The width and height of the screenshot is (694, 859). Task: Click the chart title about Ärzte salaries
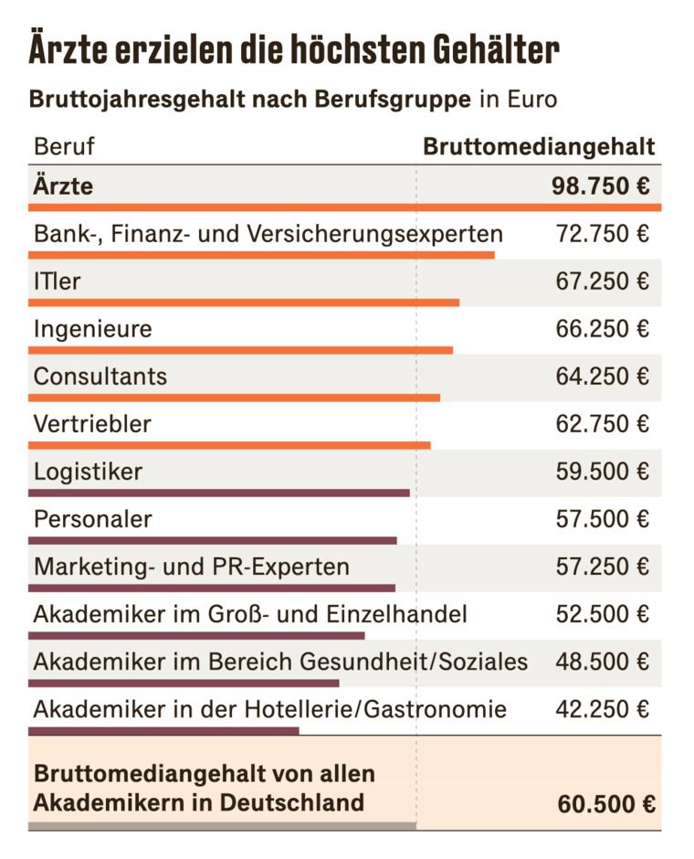pos(293,50)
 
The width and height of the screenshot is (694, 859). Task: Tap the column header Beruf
pos(64,146)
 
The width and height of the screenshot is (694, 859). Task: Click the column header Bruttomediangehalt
pos(538,146)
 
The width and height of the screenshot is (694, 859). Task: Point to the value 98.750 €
pos(600,186)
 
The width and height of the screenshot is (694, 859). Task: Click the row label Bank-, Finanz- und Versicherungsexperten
pos(268,234)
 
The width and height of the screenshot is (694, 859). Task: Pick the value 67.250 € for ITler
pos(602,281)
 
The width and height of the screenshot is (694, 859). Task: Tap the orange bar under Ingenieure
pos(240,350)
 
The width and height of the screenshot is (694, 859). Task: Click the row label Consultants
pos(100,376)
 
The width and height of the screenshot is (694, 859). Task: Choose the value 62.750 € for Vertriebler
pos(602,424)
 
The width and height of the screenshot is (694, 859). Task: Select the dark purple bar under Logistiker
pos(219,493)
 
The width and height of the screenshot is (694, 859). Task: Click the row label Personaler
pos(92,519)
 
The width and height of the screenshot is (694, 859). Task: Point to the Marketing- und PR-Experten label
pos(192,567)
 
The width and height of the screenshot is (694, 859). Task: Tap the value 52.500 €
pos(602,614)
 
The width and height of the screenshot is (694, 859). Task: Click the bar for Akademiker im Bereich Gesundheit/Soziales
pos(184,683)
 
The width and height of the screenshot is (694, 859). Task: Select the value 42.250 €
pos(602,709)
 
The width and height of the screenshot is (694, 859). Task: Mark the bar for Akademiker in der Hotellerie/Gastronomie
pos(163,730)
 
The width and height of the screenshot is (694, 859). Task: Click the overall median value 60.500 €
pos(605,804)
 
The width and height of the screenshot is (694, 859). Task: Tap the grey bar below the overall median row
pos(222,826)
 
